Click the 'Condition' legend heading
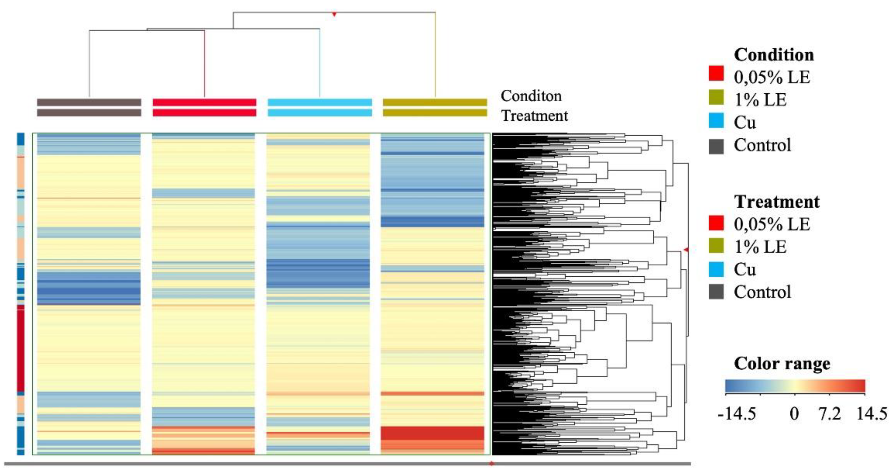774,55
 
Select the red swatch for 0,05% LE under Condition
716,74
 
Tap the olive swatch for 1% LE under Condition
716,97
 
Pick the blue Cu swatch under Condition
716,120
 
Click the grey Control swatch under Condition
716,146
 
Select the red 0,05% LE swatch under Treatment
716,223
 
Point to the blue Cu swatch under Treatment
716,270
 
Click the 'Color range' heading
782,364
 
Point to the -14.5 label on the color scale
737,414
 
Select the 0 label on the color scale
794,414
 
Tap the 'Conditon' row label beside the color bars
531,96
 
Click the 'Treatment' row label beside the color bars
535,116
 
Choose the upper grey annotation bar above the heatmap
89,102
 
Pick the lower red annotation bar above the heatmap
204,113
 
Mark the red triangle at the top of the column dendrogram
334,15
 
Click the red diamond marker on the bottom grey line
491,464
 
